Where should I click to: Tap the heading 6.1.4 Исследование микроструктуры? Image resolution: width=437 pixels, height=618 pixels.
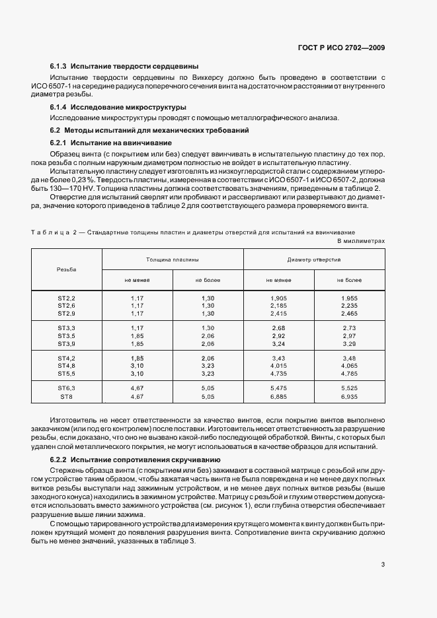click(117, 107)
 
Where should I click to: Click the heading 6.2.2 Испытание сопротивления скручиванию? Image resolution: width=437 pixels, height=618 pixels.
click(135, 459)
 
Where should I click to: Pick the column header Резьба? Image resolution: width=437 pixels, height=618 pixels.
click(66, 269)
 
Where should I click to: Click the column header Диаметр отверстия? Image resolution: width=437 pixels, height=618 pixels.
click(314, 259)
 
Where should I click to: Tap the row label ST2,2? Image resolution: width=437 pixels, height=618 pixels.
click(66, 298)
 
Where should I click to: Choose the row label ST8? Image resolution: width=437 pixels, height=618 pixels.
click(66, 397)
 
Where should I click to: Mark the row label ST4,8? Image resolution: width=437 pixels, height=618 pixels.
click(66, 365)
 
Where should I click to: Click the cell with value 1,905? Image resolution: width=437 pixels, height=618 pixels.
click(278, 298)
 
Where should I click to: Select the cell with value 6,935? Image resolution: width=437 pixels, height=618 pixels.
click(350, 397)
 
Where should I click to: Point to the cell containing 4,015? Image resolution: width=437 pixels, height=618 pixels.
click(278, 365)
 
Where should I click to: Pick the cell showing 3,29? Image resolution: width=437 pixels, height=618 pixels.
click(350, 344)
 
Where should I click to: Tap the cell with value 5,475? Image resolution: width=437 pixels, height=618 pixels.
click(278, 388)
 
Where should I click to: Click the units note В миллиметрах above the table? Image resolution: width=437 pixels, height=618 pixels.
click(361, 242)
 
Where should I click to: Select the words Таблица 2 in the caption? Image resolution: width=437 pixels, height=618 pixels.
click(56, 232)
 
